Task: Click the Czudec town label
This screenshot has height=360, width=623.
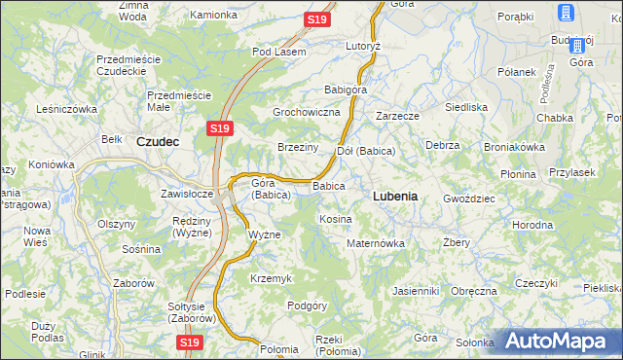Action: click(x=158, y=140)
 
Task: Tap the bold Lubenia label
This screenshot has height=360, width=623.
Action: click(x=395, y=196)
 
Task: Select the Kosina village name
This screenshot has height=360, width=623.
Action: click(x=335, y=219)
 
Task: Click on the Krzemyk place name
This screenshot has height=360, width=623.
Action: click(x=271, y=278)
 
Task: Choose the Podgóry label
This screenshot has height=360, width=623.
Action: click(x=307, y=306)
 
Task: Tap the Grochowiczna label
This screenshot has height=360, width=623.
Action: click(x=306, y=113)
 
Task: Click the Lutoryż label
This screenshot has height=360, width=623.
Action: click(x=362, y=46)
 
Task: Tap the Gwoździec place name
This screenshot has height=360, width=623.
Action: click(x=469, y=198)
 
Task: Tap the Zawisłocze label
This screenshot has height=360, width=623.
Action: click(x=187, y=194)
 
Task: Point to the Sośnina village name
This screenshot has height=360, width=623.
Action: click(x=141, y=249)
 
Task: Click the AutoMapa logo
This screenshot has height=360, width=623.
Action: click(x=555, y=342)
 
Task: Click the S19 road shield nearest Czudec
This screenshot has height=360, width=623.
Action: click(x=219, y=127)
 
